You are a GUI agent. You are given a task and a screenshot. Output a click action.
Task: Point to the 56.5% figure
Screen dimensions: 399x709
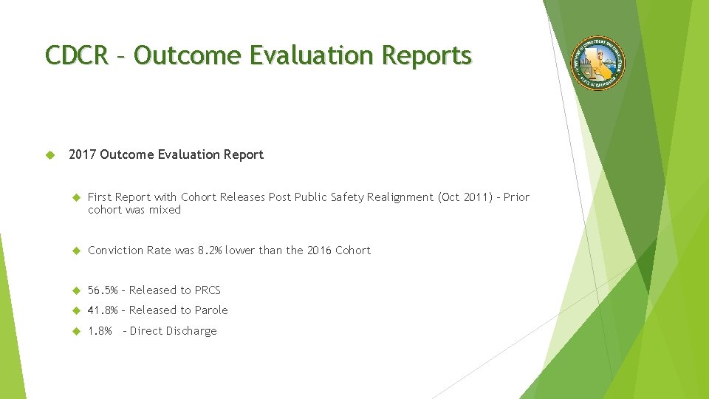coord(103,290)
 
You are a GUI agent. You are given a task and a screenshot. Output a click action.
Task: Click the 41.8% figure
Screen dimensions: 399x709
coord(103,310)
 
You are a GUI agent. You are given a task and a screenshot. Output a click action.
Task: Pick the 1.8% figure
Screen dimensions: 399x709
coord(100,331)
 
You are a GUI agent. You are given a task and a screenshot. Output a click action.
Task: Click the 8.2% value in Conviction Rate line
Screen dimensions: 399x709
coord(210,250)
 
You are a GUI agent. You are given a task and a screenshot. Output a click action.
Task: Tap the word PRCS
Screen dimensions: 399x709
coord(208,290)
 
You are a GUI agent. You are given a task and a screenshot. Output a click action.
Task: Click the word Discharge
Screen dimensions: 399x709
coord(191,331)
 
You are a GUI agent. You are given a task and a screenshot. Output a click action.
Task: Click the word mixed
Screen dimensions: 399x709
coord(165,210)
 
